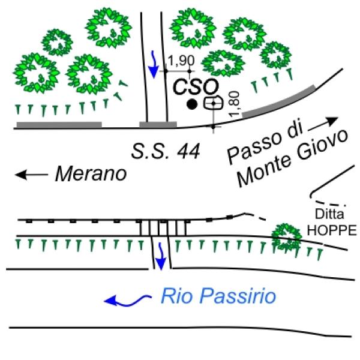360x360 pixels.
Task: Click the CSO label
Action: (x=191, y=86)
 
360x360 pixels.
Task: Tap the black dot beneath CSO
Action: (x=191, y=105)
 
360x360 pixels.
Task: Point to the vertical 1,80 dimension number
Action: (x=235, y=104)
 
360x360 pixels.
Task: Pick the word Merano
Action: (x=91, y=175)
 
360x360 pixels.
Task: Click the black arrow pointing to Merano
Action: (x=31, y=175)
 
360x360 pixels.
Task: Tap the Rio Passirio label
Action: (x=218, y=295)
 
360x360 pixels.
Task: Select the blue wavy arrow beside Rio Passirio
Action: (x=125, y=298)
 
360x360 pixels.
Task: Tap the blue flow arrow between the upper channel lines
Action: (x=154, y=64)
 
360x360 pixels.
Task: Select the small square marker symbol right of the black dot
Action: (x=211, y=103)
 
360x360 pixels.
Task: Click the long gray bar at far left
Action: (x=59, y=125)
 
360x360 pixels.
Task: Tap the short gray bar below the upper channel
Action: (x=158, y=125)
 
